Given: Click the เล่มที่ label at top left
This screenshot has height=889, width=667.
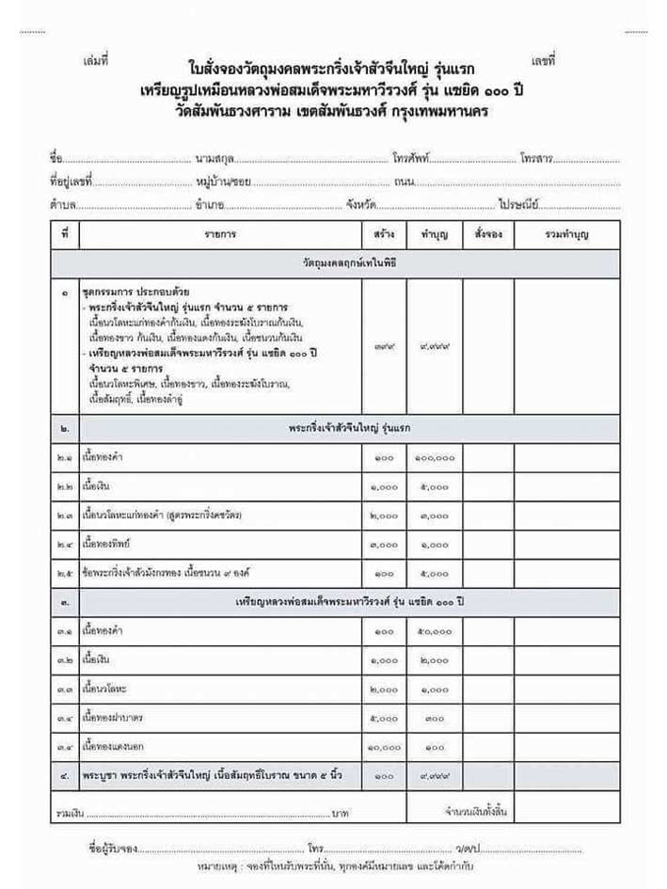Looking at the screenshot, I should pos(97,61).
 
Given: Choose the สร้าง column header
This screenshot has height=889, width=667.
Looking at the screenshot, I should pos(384,232).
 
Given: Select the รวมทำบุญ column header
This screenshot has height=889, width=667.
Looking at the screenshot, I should pos(566,232).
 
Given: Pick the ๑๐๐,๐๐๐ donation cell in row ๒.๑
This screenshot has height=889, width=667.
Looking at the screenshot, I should pos(435,458).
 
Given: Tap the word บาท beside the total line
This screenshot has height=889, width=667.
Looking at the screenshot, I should pos(341,810).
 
